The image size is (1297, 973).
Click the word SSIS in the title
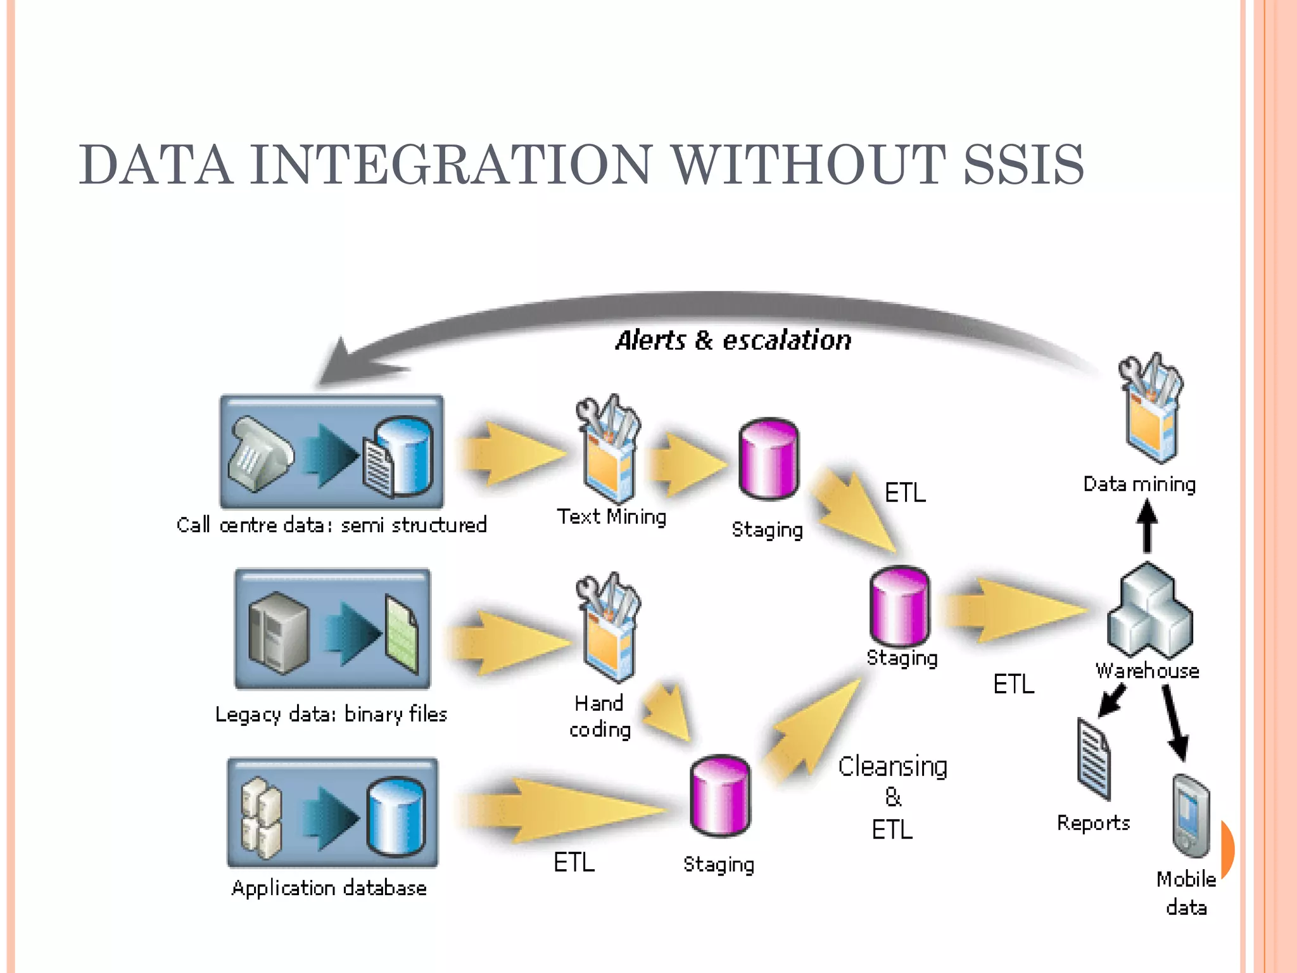click(x=1023, y=165)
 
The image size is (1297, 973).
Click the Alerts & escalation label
click(x=733, y=340)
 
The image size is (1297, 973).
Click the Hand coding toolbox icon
click(x=608, y=627)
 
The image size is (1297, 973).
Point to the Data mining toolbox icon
click(x=1150, y=409)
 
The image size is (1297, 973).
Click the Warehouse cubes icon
click(x=1149, y=611)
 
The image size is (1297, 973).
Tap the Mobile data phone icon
click(x=1191, y=815)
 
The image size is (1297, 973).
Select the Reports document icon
click(x=1094, y=760)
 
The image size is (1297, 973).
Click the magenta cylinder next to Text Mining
click(x=768, y=459)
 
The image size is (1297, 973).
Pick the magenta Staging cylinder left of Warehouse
click(x=899, y=606)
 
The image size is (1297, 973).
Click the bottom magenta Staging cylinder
click(x=720, y=796)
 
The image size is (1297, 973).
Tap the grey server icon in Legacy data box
click(x=278, y=632)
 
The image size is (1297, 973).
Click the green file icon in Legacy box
click(x=402, y=635)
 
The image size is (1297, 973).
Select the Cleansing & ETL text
click(x=892, y=797)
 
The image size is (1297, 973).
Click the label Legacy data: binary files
click(x=331, y=715)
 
